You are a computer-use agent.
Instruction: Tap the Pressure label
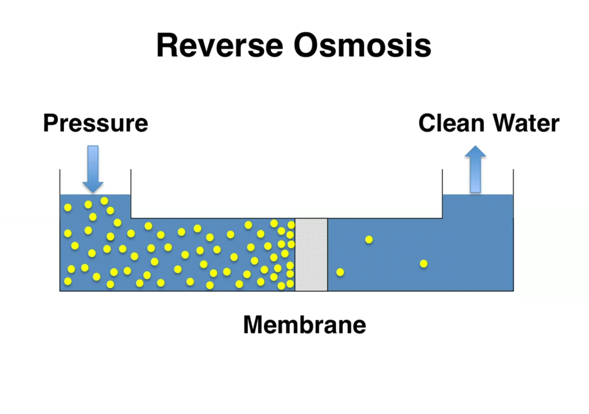click(x=95, y=123)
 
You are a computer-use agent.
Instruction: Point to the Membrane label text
click(x=304, y=325)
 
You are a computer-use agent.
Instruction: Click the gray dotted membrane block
click(x=311, y=254)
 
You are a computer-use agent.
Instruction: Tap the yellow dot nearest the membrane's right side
click(x=340, y=272)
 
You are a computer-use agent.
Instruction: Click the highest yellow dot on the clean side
click(x=369, y=240)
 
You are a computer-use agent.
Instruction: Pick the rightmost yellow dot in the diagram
click(x=423, y=264)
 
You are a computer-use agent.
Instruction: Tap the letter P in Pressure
click(x=50, y=123)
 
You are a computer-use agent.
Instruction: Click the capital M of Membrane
click(x=254, y=325)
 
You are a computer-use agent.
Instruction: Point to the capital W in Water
click(x=500, y=123)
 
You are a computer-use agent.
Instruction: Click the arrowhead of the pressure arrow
click(x=93, y=187)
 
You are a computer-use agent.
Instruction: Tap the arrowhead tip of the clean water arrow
click(x=475, y=147)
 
